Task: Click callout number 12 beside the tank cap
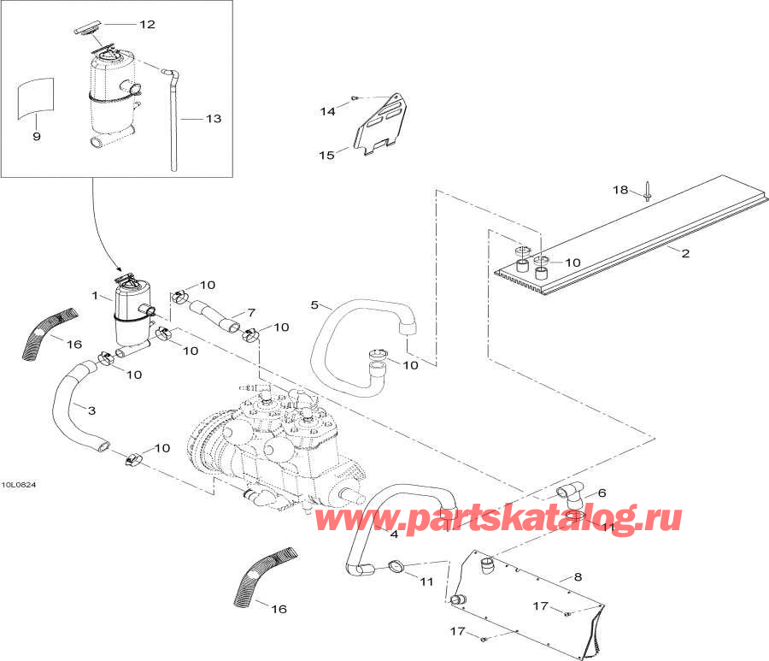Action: coord(147,24)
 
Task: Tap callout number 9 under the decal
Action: coord(36,137)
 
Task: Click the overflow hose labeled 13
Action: coord(173,120)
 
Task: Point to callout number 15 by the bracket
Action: coord(326,155)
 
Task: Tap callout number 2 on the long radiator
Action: coord(684,252)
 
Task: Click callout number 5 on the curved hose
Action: coord(314,305)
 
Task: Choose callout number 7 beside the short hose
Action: coord(250,312)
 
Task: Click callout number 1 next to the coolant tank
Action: coord(96,296)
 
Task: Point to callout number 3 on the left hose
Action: coord(91,411)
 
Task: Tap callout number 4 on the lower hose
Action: coord(394,535)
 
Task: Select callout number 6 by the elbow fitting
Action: coord(602,493)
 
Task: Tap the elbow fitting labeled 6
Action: coord(570,493)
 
